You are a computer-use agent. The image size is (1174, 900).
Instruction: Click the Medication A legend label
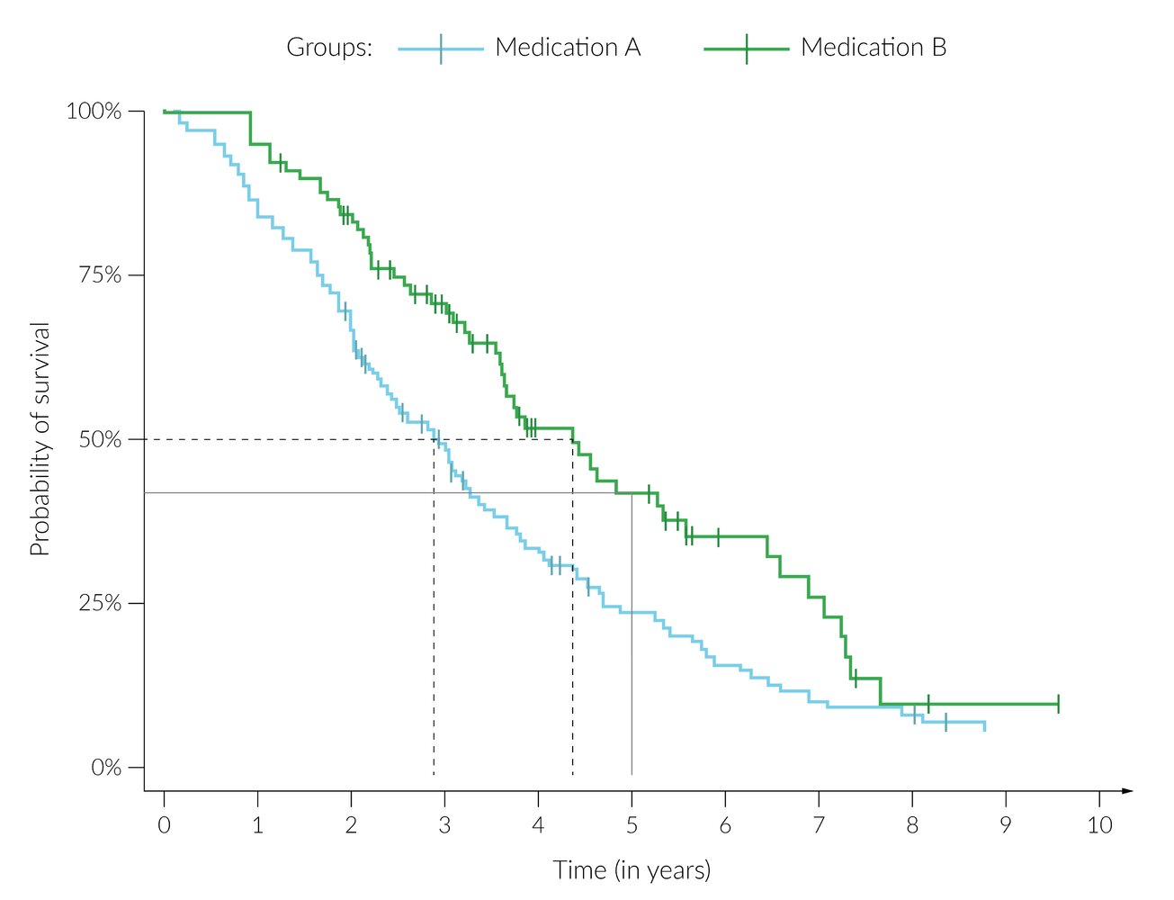[568, 48]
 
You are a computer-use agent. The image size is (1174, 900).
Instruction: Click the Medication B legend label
[874, 48]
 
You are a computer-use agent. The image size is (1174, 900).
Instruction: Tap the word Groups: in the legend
[329, 48]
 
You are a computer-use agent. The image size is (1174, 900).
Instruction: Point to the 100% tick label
[94, 112]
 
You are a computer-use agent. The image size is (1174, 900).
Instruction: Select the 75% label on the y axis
[100, 275]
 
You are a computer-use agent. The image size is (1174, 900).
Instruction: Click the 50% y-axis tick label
[100, 440]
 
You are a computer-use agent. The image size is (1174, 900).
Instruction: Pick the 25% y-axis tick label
[100, 603]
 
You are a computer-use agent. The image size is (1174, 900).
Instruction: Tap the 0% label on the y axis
[105, 768]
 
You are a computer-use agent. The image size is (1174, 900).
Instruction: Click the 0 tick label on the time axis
[164, 825]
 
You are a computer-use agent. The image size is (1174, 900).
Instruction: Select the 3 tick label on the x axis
[444, 825]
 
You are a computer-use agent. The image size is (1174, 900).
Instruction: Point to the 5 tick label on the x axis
[632, 825]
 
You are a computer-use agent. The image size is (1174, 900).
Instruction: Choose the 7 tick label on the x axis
[819, 825]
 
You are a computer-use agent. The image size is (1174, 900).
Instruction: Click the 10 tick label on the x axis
[1099, 825]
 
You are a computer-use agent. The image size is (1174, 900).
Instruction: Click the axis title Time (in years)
[632, 870]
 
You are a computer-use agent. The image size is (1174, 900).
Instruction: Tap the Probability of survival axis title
[40, 439]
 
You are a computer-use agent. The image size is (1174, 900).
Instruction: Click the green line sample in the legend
[747, 49]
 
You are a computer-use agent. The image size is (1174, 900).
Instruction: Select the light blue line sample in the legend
[441, 49]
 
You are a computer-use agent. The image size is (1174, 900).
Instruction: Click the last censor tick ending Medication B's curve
[1058, 704]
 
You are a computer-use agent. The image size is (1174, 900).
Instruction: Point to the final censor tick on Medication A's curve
[945, 722]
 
